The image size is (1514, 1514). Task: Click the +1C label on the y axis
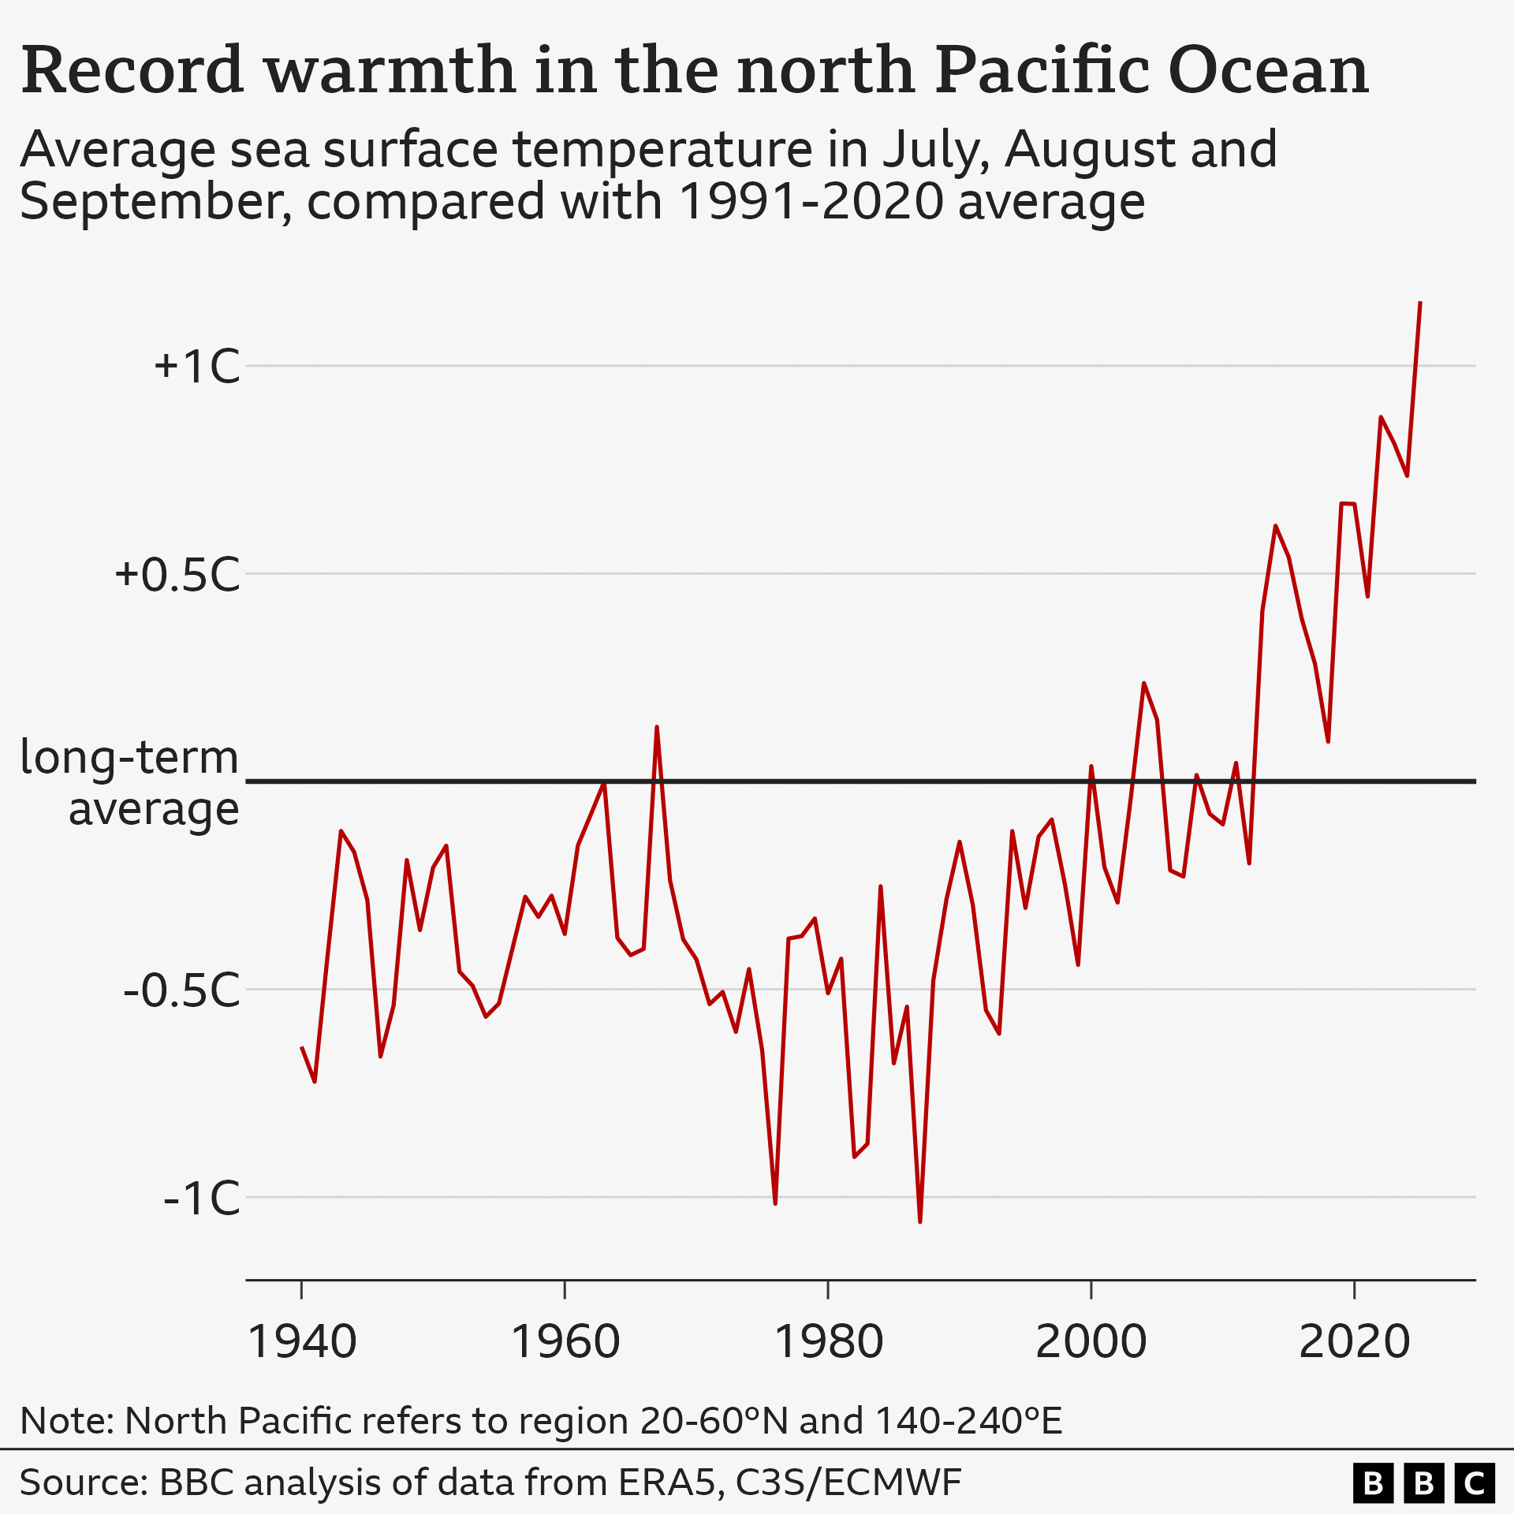pos(197,367)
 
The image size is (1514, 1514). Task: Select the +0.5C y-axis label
pos(177,575)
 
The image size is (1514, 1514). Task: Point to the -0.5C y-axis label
pos(181,990)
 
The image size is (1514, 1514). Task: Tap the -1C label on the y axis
pos(201,1199)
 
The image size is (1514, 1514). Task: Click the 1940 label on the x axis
pos(302,1342)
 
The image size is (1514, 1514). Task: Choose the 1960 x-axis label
pos(565,1342)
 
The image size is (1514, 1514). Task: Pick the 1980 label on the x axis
pos(829,1342)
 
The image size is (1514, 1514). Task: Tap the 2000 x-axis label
pos(1091,1342)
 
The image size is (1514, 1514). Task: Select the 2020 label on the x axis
pos(1354,1342)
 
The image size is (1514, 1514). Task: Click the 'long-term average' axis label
pos(130,783)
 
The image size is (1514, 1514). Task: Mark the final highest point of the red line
pos(1420,303)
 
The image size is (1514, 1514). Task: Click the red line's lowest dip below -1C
pos(920,1221)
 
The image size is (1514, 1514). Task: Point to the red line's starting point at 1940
pos(302,1048)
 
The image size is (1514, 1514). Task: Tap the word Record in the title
pos(132,71)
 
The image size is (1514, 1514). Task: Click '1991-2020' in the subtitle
pos(811,202)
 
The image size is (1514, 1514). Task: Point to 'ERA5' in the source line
pos(671,1482)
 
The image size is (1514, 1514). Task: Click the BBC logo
pos(1424,1483)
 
